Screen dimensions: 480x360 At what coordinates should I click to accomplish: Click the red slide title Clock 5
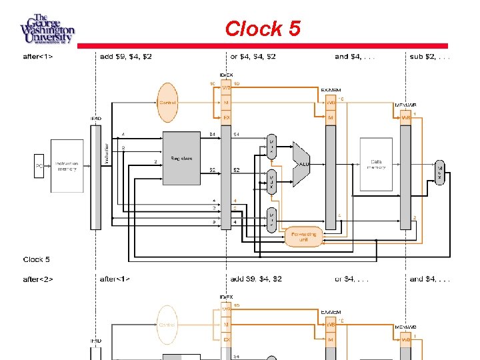tap(263, 29)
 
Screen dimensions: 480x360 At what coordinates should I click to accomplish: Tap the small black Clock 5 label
tap(36, 259)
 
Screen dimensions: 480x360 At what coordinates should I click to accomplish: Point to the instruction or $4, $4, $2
tap(253, 57)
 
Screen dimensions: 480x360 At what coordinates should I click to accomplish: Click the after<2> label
tap(40, 279)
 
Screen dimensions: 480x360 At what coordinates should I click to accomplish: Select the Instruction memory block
tap(67, 165)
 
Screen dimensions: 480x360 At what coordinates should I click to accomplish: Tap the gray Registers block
tap(181, 158)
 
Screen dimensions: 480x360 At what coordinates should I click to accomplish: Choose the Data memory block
tap(377, 163)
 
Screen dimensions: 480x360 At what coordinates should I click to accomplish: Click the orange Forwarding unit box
tap(304, 236)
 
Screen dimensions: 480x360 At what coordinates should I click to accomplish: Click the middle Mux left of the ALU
tap(271, 181)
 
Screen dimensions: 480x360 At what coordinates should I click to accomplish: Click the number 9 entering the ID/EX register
tap(214, 221)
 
